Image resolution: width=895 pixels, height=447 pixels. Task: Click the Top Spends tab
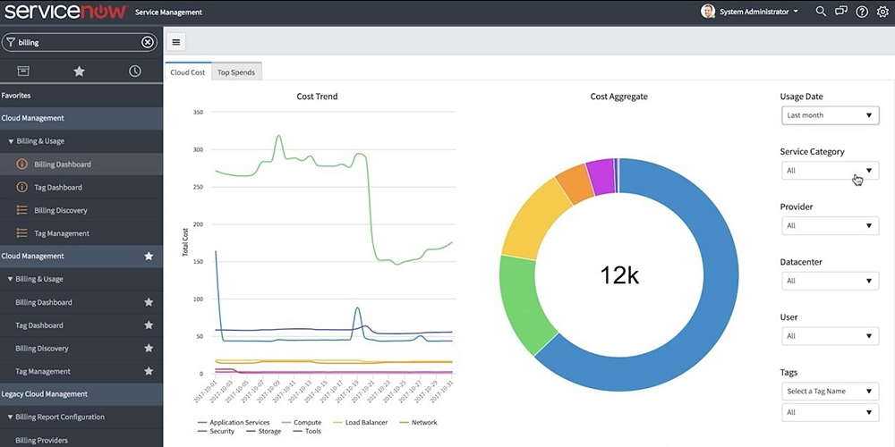(236, 72)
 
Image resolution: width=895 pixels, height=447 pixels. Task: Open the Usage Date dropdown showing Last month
(830, 115)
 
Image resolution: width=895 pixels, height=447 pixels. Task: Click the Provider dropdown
(830, 225)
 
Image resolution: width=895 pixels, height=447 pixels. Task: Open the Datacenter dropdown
(830, 281)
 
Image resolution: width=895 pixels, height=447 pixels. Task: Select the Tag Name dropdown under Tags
(830, 391)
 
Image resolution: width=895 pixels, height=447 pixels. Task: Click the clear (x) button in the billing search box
(148, 42)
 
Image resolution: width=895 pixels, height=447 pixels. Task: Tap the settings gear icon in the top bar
(882, 12)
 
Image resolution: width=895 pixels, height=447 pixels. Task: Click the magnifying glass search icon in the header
(821, 12)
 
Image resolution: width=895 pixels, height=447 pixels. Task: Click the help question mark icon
(862, 12)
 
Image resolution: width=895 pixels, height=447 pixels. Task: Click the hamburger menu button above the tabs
(176, 42)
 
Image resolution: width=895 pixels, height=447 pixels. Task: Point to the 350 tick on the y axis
(198, 113)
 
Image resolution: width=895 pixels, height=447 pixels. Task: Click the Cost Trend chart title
(317, 97)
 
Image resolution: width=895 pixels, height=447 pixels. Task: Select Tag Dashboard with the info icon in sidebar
(57, 188)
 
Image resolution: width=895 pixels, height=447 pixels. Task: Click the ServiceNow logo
(64, 12)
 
